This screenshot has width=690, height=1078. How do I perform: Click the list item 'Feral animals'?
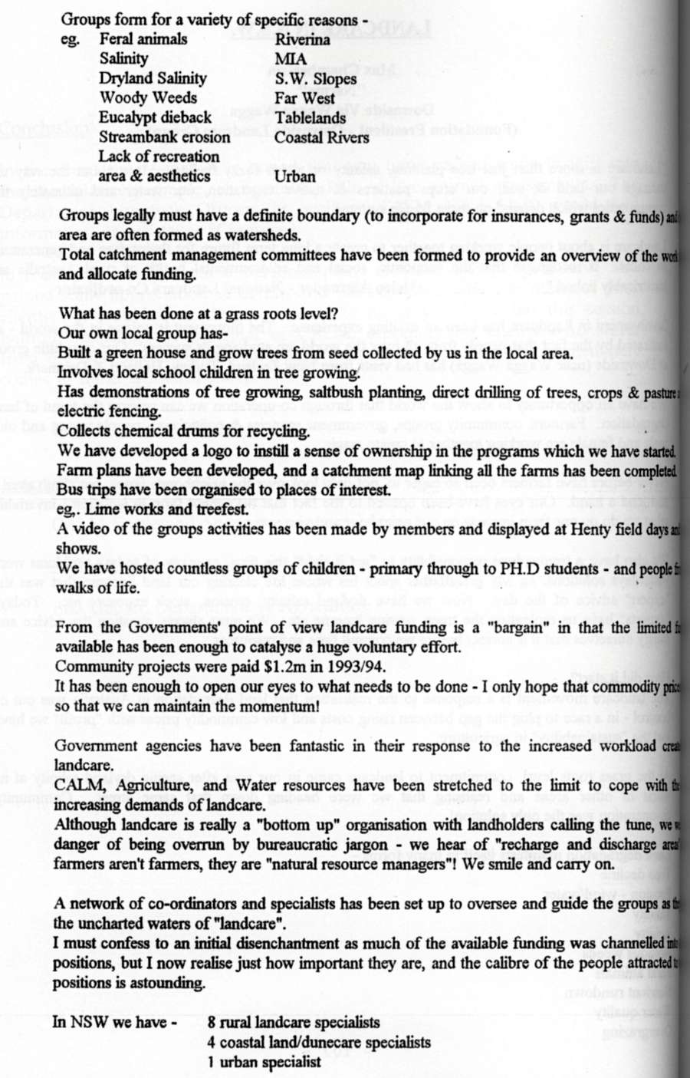tap(143, 39)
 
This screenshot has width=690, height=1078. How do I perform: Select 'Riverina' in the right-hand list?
tap(302, 40)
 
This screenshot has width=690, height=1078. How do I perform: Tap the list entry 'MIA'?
tap(291, 59)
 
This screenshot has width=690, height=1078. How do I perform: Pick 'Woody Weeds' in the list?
tap(148, 98)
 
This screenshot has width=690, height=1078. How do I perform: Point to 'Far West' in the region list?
tap(304, 98)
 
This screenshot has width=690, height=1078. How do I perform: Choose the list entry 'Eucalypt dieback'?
tap(155, 118)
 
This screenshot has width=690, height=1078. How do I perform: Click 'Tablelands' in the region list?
tap(310, 118)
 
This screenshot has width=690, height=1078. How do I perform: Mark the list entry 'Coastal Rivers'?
tap(321, 138)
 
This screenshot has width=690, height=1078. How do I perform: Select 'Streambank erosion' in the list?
tap(164, 138)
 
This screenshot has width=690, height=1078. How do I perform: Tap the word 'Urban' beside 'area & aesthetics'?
tap(294, 176)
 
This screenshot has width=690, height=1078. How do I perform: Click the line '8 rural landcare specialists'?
tap(293, 1023)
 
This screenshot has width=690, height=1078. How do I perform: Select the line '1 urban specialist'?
tap(264, 1063)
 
